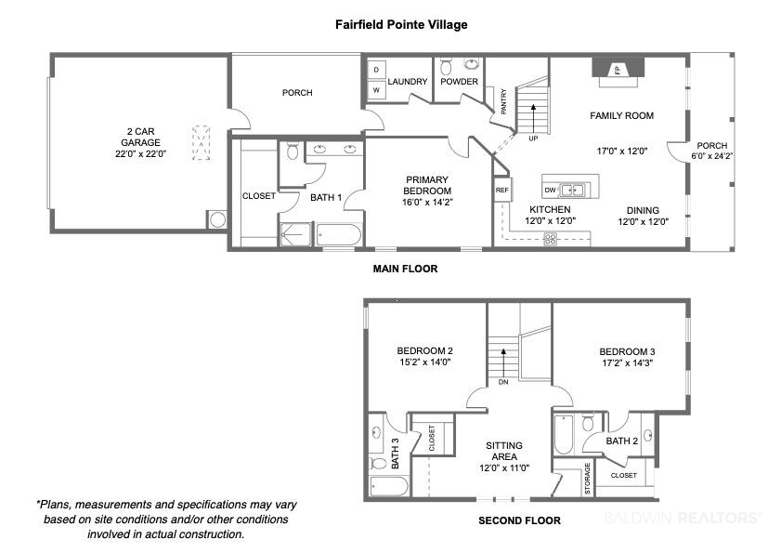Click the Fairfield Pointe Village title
tap(401, 24)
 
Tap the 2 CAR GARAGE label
tap(140, 137)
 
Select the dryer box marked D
tap(376, 70)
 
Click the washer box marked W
tap(376, 90)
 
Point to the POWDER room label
tap(459, 81)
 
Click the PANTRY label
tap(503, 101)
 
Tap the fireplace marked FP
tap(618, 71)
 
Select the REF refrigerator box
tap(502, 190)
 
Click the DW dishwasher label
tap(550, 190)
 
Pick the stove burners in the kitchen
tap(551, 239)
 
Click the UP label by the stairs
tap(533, 138)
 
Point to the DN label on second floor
tap(503, 382)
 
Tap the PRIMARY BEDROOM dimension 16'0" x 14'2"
tap(427, 203)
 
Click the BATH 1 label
tap(326, 197)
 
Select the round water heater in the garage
tap(217, 219)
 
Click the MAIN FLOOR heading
tap(406, 269)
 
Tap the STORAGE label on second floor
tap(587, 479)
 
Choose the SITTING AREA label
tap(504, 451)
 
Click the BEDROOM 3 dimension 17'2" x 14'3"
tap(628, 363)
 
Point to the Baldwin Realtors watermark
tap(683, 518)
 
